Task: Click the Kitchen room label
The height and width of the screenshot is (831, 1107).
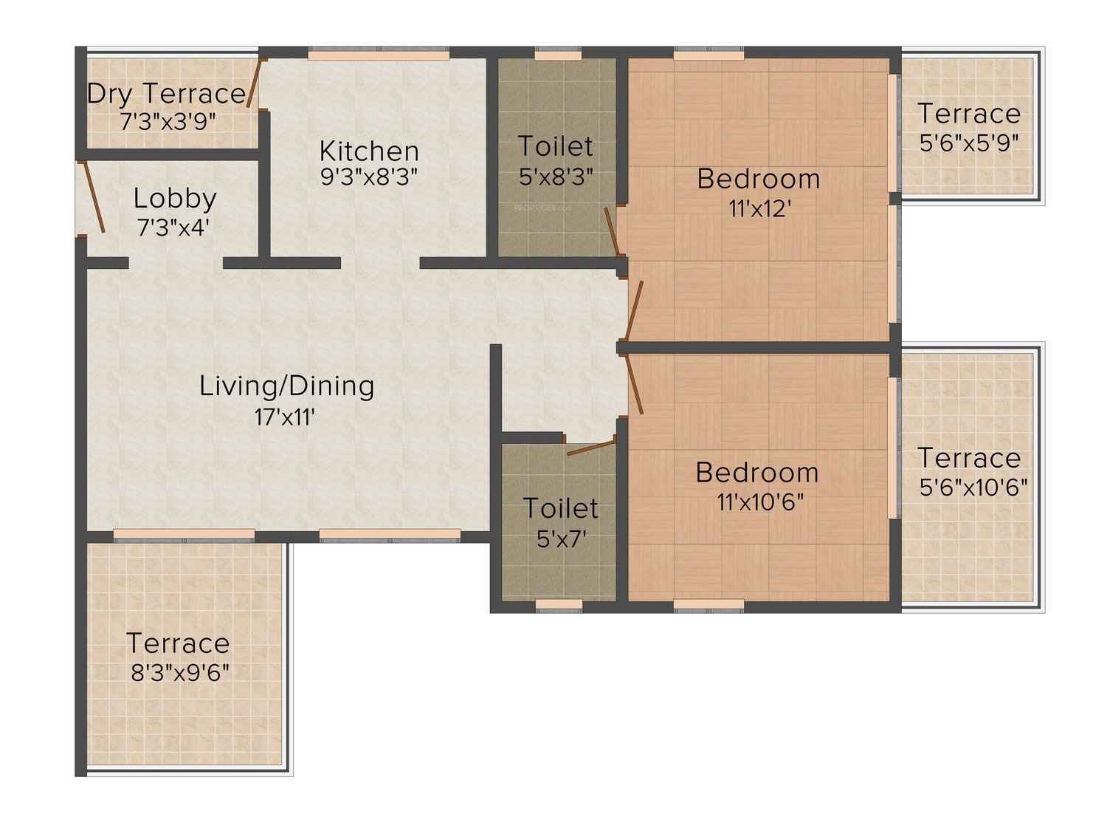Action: [369, 151]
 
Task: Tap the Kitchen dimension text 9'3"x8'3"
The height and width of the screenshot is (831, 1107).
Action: [369, 177]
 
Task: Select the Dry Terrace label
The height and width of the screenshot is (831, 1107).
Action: [167, 94]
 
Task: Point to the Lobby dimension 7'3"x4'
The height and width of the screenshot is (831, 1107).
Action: [173, 228]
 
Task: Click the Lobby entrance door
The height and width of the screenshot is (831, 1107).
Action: [94, 196]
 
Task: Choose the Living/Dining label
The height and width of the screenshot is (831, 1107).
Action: [286, 386]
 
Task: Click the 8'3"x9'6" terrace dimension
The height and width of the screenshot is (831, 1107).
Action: [180, 673]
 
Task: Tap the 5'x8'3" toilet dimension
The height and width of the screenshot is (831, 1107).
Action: [556, 177]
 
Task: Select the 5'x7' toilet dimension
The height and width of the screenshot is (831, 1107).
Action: [561, 539]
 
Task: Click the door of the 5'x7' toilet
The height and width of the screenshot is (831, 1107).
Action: [591, 448]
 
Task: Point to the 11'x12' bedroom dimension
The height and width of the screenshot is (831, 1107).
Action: [758, 208]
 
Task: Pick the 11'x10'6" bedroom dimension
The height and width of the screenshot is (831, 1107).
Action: [759, 502]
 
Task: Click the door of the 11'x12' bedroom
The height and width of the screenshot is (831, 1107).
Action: [633, 310]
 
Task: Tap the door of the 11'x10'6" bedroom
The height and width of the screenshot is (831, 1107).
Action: [634, 384]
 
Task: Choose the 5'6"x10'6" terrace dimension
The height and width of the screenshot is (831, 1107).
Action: [973, 488]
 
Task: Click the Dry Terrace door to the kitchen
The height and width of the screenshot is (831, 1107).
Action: [254, 83]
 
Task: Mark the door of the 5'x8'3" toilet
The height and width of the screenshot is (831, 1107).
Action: [613, 232]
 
